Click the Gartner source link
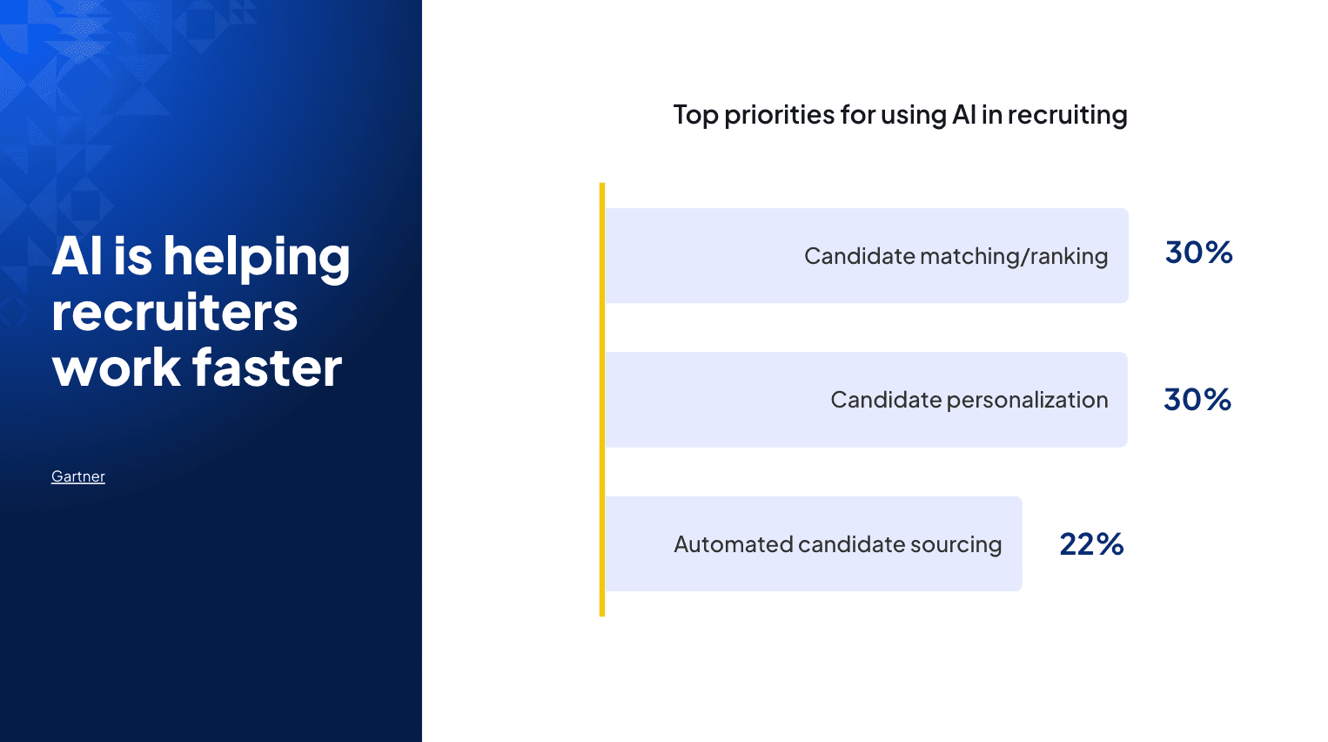(x=78, y=476)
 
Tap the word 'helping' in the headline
(x=257, y=259)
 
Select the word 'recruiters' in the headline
(x=175, y=313)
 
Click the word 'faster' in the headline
(x=267, y=368)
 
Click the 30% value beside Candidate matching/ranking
(x=1198, y=253)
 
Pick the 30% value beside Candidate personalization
(x=1197, y=400)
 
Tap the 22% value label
(x=1091, y=544)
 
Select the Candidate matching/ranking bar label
(x=956, y=256)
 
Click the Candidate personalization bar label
(x=969, y=400)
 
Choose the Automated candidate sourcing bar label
(x=837, y=544)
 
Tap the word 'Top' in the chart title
(x=695, y=115)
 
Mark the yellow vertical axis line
(x=602, y=400)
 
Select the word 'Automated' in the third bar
(x=733, y=544)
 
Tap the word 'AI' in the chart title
(x=963, y=115)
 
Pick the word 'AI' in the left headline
(x=77, y=257)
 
